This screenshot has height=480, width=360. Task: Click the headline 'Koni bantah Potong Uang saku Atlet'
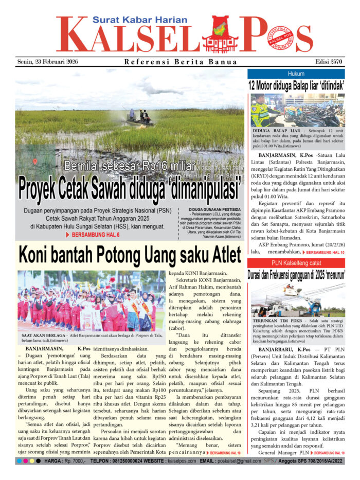pyautogui.click(x=130, y=255)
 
